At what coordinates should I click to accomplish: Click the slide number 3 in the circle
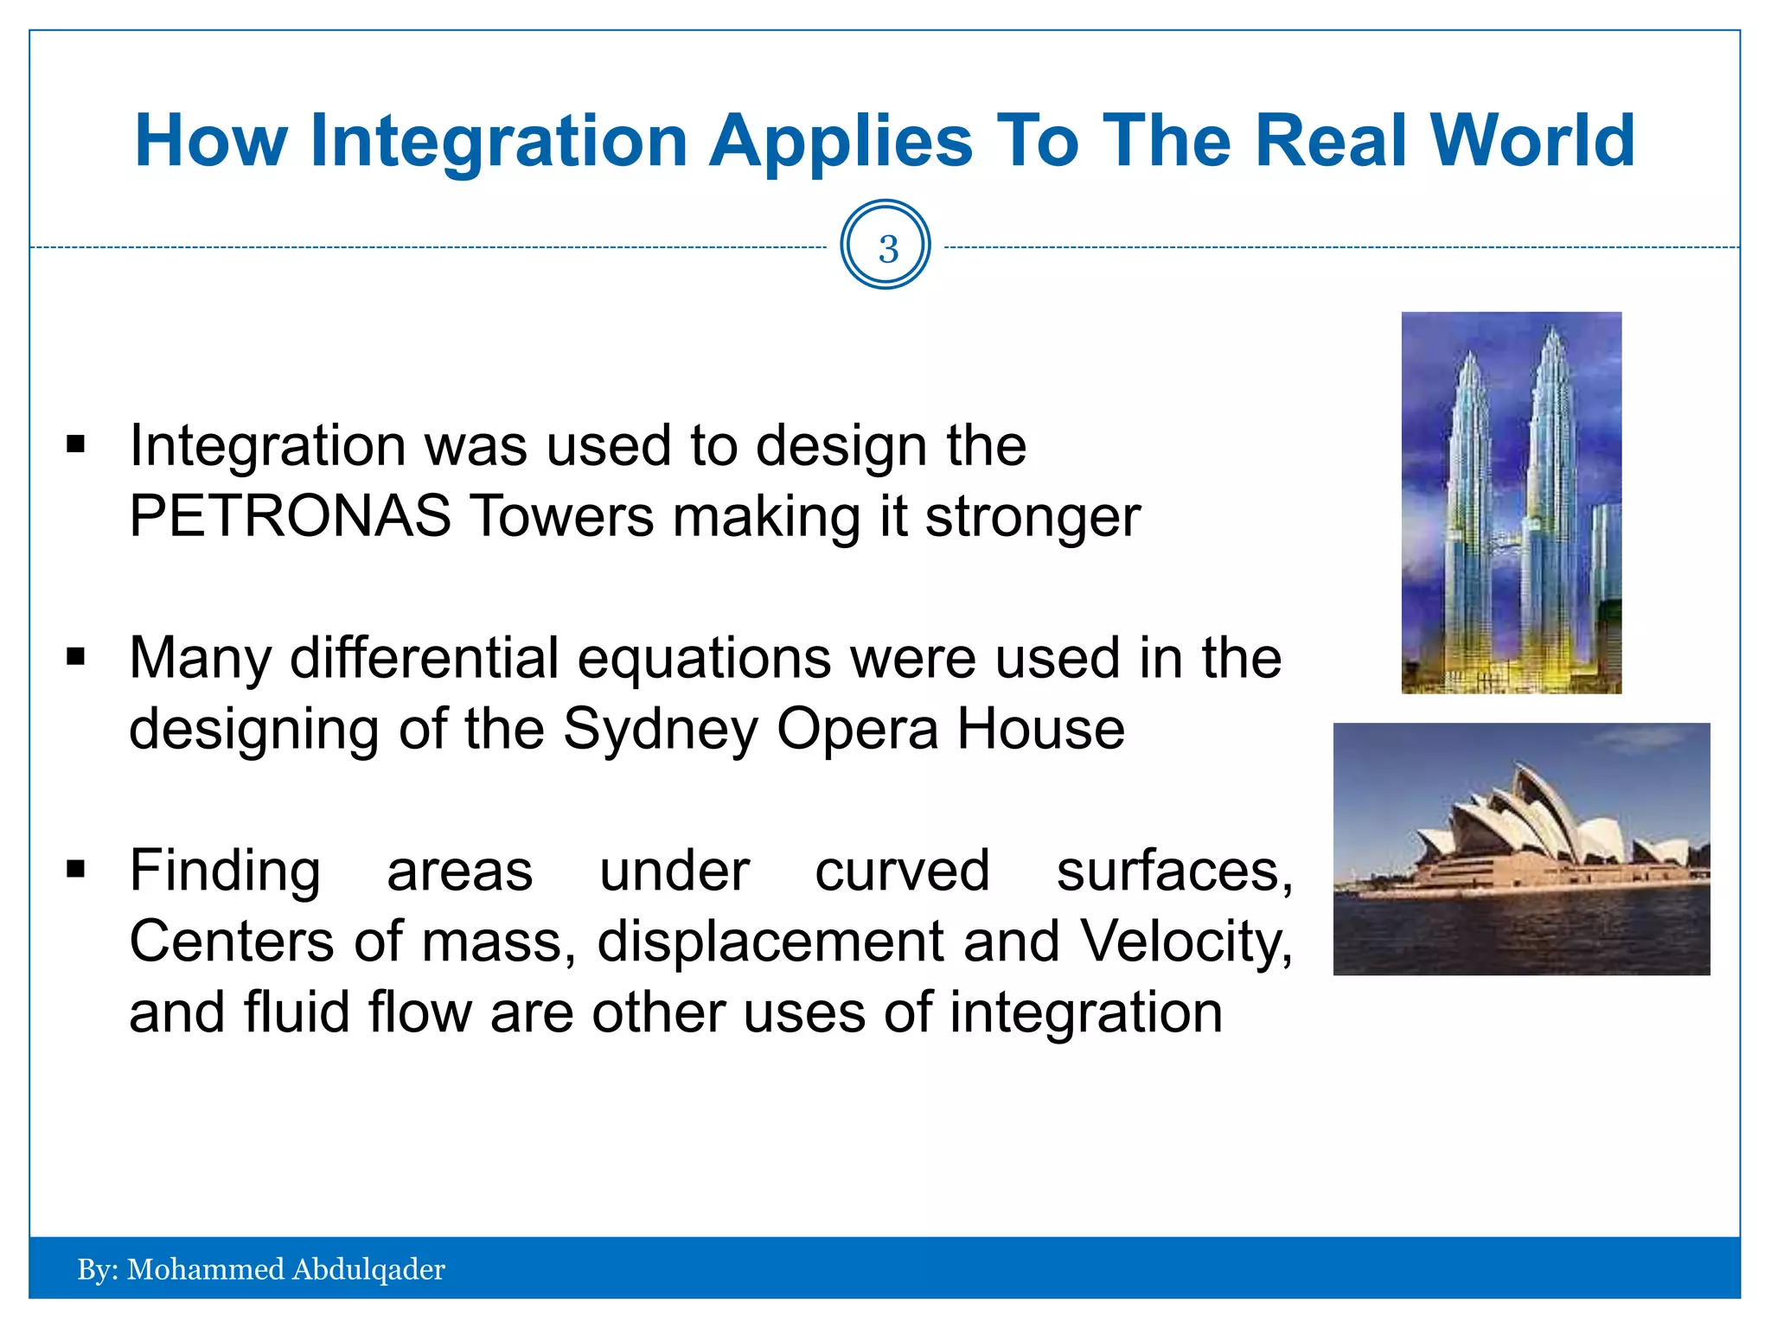pos(886,249)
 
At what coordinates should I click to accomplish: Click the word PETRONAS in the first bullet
pos(290,516)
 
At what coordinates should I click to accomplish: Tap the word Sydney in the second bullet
pos(660,729)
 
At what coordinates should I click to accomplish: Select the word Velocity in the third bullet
pos(1186,941)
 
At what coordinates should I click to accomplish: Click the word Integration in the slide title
pos(499,141)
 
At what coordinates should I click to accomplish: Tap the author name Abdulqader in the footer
pos(368,1269)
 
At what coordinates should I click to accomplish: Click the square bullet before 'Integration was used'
pos(76,445)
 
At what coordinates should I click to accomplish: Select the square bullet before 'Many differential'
pos(76,658)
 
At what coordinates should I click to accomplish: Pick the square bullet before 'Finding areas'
pos(76,870)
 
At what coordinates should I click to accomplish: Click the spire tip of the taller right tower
pos(1554,329)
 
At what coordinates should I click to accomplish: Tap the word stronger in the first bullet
pos(1033,516)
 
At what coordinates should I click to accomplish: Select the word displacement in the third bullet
pos(770,941)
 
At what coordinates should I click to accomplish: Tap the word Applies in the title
pos(840,141)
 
